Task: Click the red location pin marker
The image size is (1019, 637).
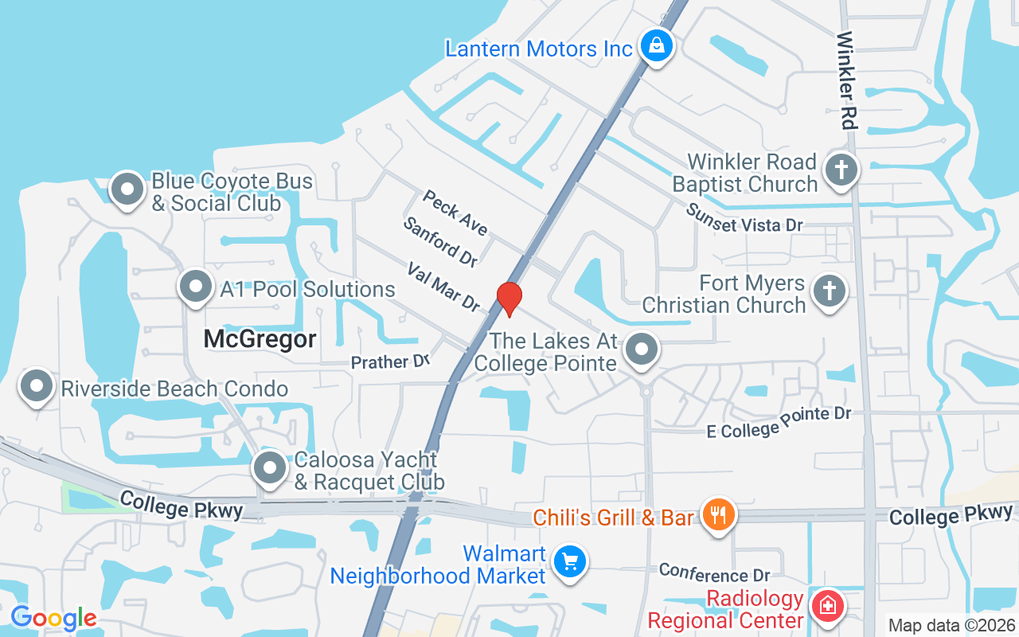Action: point(509,298)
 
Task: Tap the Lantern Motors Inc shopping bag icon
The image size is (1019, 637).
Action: point(656,47)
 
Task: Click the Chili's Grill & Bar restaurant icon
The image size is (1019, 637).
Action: point(718,514)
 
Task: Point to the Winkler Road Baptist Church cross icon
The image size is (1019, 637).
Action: point(841,170)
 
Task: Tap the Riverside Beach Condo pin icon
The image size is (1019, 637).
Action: point(36,387)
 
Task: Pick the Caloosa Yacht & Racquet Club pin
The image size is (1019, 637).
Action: point(270,468)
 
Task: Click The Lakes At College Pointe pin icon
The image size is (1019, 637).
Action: point(642,350)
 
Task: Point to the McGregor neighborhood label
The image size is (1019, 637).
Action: point(260,339)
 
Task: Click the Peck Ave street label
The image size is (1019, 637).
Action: point(455,213)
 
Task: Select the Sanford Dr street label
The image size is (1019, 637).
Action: point(440,242)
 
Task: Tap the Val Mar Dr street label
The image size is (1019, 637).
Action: point(443,287)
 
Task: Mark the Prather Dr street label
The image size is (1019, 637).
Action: point(390,361)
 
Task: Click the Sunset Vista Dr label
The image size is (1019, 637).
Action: point(744,217)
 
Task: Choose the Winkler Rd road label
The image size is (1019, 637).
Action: point(846,80)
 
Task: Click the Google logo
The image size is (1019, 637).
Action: point(53,618)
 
